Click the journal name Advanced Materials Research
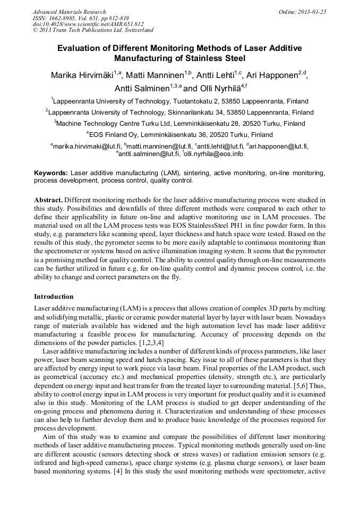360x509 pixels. pyautogui.click(x=69, y=12)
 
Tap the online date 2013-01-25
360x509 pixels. pyautogui.click(x=312, y=12)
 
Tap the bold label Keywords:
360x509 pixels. pyautogui.click(x=51, y=173)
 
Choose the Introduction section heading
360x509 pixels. pyautogui.click(x=54, y=296)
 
